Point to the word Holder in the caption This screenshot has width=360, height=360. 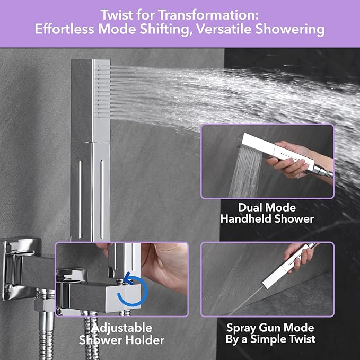pos(147,340)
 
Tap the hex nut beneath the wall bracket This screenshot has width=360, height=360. pos(42,305)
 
